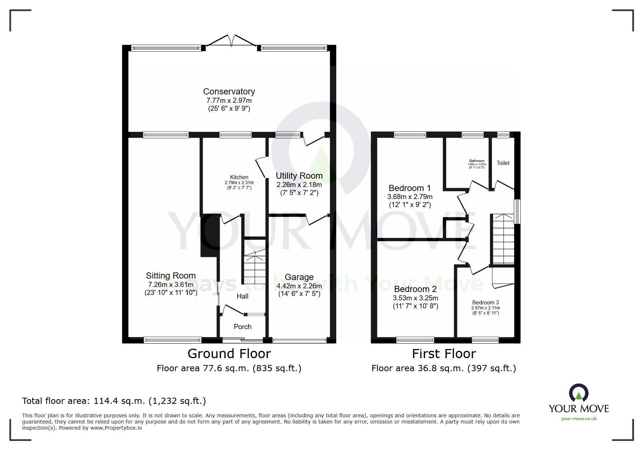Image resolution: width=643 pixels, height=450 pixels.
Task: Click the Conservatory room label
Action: pyautogui.click(x=229, y=92)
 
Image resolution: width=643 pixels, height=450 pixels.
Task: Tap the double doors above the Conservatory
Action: pyautogui.click(x=231, y=40)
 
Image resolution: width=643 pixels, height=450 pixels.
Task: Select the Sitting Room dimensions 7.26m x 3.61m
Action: pyautogui.click(x=171, y=285)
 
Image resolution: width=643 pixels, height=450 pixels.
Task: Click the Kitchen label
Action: pyautogui.click(x=239, y=177)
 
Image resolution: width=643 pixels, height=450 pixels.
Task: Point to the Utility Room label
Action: pyautogui.click(x=299, y=176)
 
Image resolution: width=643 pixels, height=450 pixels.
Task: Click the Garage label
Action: pyautogui.click(x=299, y=277)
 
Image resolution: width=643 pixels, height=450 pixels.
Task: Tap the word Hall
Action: pyautogui.click(x=242, y=296)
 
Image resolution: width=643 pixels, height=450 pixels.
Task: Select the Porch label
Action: pyautogui.click(x=242, y=327)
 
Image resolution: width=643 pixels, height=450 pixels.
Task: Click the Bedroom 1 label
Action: pyautogui.click(x=410, y=188)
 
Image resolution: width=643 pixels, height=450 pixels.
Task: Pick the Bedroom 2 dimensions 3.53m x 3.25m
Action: pyautogui.click(x=415, y=298)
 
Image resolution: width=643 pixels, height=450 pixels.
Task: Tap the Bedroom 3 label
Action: pyautogui.click(x=485, y=303)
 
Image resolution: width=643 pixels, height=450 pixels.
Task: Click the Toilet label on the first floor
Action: pyautogui.click(x=503, y=163)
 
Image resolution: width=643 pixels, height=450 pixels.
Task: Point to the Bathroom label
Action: pyautogui.click(x=476, y=161)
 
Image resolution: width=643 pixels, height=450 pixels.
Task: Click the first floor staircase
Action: pyautogui.click(x=503, y=240)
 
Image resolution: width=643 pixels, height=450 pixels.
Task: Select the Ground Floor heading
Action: pyautogui.click(x=229, y=353)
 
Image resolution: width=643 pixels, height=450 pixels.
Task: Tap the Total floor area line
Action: pyautogui.click(x=114, y=401)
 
